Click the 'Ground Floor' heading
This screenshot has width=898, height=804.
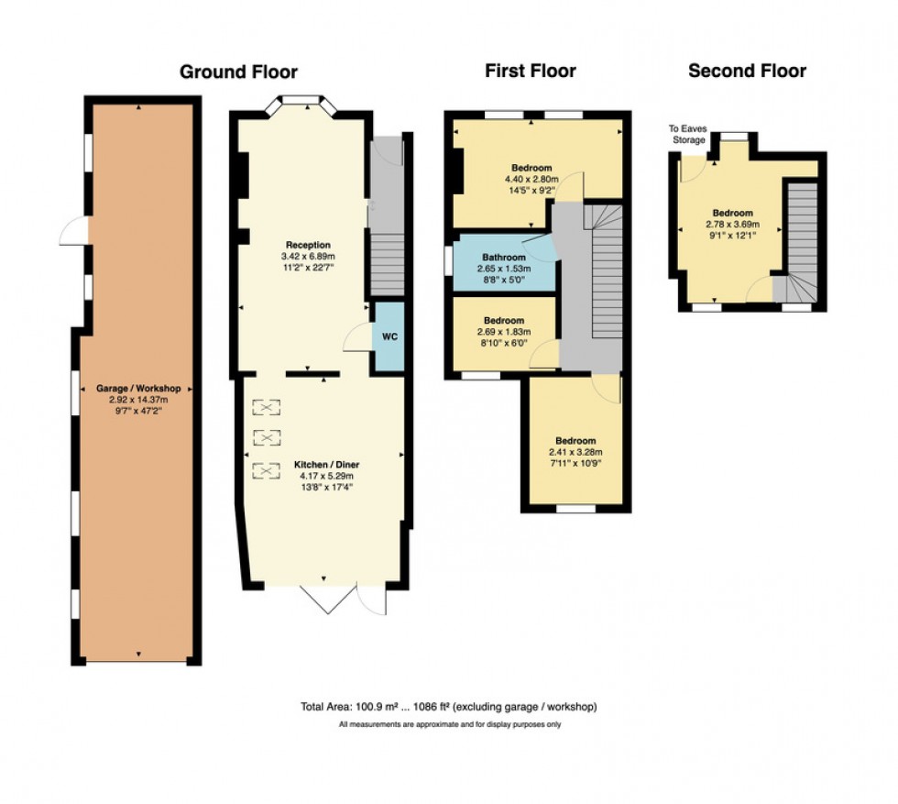click(238, 72)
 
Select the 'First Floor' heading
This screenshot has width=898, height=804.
click(531, 71)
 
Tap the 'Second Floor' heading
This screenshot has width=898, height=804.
click(747, 71)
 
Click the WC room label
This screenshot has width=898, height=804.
click(389, 336)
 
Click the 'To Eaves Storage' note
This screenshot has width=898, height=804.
click(686, 135)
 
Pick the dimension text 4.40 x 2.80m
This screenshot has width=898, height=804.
click(531, 180)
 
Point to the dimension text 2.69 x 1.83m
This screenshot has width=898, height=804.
click(504, 331)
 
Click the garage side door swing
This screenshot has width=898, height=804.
click(71, 233)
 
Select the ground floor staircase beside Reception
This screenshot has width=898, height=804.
click(388, 262)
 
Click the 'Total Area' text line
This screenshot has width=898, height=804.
click(448, 707)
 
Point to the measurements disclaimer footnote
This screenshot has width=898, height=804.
click(449, 724)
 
